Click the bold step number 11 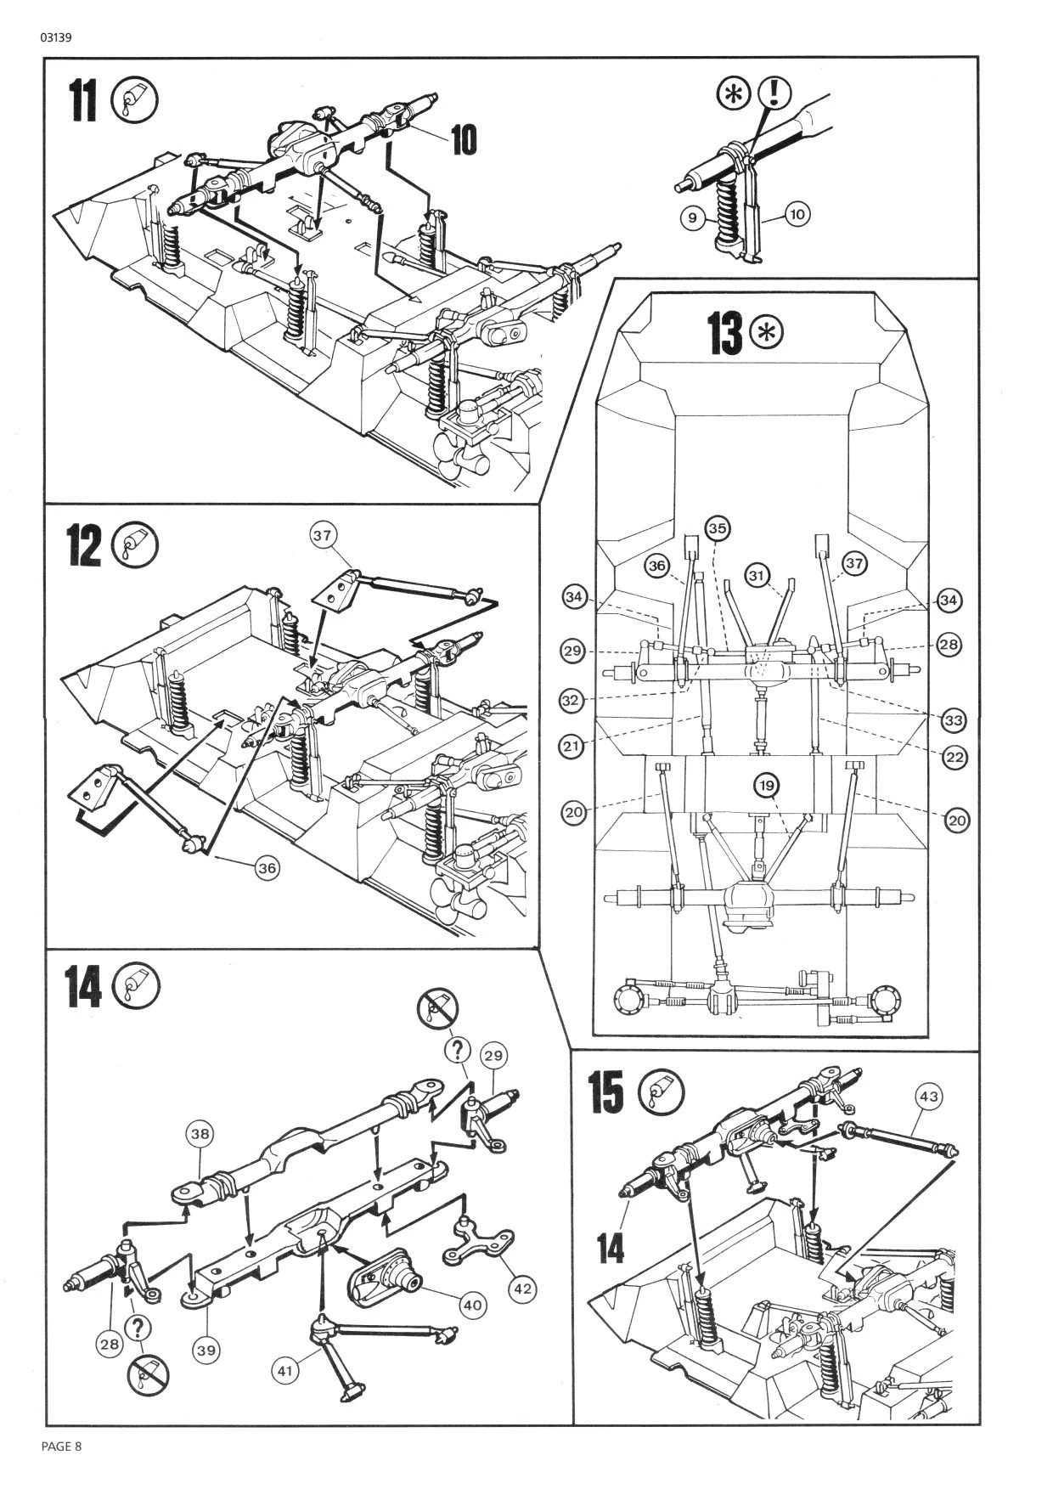pos(83,101)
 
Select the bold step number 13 pos(724,332)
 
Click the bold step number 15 pos(606,1091)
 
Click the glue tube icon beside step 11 pos(135,102)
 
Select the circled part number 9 pos(693,218)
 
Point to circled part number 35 pos(718,528)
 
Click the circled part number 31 pos(757,575)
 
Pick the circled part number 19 pos(766,787)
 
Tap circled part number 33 pos(954,720)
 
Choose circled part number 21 pos(572,747)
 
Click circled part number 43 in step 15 pos(929,1097)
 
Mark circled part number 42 pos(522,1289)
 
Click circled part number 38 pos(201,1134)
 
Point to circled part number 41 pos(285,1370)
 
